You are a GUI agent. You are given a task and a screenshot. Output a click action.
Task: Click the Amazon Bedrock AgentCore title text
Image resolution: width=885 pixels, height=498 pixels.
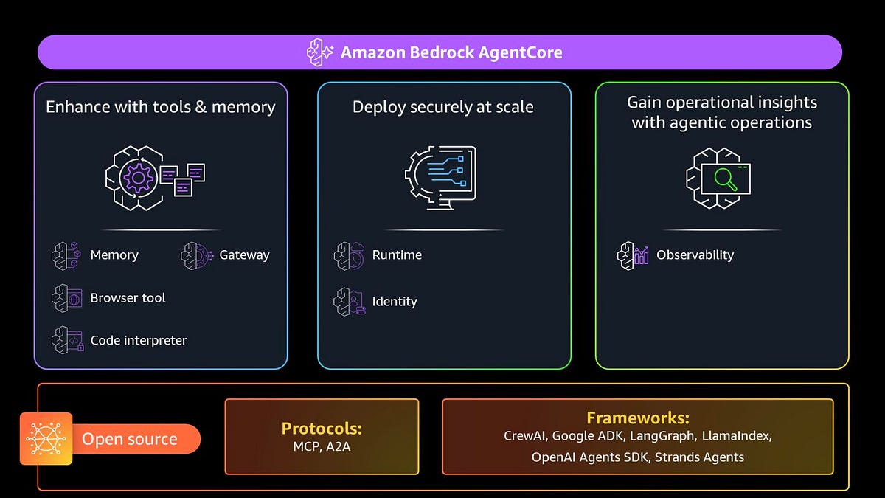[451, 52]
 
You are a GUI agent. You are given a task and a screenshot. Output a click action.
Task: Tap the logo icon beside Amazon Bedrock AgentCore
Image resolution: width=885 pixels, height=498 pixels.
[320, 52]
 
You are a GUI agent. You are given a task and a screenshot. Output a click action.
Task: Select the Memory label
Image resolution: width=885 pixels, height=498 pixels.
[114, 255]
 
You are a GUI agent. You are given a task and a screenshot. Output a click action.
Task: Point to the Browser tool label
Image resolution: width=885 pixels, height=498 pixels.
[128, 298]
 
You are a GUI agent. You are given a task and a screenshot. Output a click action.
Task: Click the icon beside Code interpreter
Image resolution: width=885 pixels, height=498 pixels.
[66, 340]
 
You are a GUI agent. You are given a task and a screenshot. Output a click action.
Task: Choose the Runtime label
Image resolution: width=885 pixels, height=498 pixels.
[397, 255]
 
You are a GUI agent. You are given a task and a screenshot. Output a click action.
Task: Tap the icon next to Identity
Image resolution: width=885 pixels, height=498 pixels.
[349, 301]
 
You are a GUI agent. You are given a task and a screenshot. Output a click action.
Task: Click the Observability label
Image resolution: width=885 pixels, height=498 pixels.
[695, 255]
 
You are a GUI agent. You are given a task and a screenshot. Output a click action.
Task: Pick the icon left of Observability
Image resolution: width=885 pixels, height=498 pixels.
[632, 255]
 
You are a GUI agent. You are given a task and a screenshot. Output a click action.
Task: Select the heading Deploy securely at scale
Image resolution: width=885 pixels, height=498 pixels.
[442, 107]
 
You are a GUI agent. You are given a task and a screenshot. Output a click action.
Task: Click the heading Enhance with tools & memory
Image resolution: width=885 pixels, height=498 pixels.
[160, 107]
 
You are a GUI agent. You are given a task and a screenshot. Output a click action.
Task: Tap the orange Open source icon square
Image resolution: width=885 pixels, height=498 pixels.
[46, 438]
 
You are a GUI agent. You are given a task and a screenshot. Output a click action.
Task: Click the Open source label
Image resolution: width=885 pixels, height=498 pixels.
[130, 439]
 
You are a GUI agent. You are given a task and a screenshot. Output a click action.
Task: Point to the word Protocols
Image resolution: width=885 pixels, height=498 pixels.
[322, 429]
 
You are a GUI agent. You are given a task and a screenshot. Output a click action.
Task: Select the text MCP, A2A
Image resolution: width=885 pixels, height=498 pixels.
[322, 446]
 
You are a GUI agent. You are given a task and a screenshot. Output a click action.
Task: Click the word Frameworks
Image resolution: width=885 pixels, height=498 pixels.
[638, 418]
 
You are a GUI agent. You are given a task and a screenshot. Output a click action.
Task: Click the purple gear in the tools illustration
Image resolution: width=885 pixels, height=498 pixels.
[137, 178]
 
